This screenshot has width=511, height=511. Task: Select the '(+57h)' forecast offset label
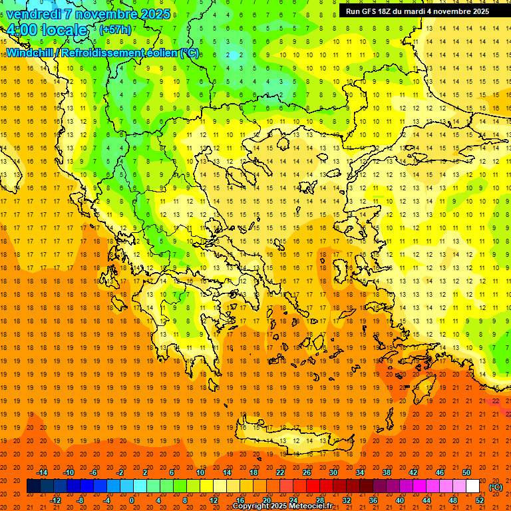click(x=115, y=30)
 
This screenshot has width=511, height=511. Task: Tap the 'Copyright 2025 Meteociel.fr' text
click(x=282, y=506)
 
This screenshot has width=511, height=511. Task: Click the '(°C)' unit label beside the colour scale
click(x=496, y=487)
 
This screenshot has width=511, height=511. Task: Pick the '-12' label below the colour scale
click(x=56, y=500)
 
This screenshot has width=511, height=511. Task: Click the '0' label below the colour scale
click(x=132, y=500)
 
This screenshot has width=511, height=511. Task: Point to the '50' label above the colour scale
click(x=466, y=472)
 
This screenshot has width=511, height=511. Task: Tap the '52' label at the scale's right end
click(x=479, y=500)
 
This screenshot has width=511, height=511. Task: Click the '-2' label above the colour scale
click(x=120, y=472)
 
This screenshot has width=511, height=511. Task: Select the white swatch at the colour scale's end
click(x=472, y=486)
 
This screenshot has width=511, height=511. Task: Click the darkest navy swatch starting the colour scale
click(x=34, y=486)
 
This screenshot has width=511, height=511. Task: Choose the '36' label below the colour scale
click(x=373, y=500)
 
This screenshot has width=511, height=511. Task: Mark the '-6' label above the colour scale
click(x=94, y=472)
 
